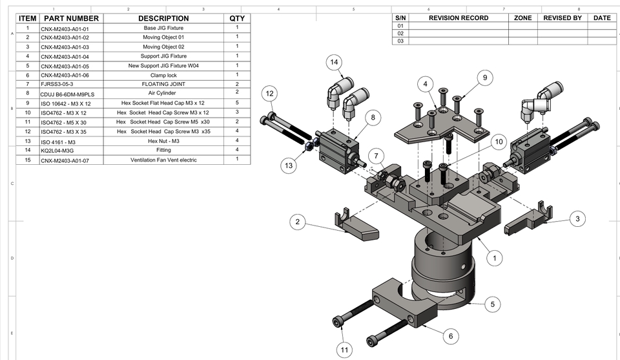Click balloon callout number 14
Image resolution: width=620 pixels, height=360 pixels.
pyautogui.click(x=333, y=62)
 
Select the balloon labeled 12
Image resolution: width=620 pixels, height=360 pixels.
pyautogui.click(x=270, y=94)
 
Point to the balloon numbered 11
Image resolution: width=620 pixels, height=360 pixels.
pyautogui.click(x=344, y=350)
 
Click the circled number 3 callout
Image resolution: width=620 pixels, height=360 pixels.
pyautogui.click(x=577, y=219)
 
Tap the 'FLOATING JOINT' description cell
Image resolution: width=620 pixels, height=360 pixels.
pyautogui.click(x=163, y=84)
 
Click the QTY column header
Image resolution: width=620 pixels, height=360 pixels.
pyautogui.click(x=237, y=18)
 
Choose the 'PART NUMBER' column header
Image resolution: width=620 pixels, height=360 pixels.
pyautogui.click(x=71, y=18)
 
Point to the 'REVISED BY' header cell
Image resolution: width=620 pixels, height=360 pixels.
pyautogui.click(x=562, y=18)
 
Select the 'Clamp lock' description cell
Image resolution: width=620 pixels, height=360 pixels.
pyautogui.click(x=163, y=75)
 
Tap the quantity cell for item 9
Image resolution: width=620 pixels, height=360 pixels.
pyautogui.click(x=237, y=103)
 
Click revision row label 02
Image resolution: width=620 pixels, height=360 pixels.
pyautogui.click(x=400, y=34)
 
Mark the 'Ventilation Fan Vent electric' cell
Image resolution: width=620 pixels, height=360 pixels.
pyautogui.click(x=163, y=160)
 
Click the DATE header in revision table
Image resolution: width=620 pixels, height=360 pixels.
pyautogui.click(x=601, y=18)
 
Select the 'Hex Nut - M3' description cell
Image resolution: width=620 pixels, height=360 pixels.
pyautogui.click(x=163, y=141)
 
